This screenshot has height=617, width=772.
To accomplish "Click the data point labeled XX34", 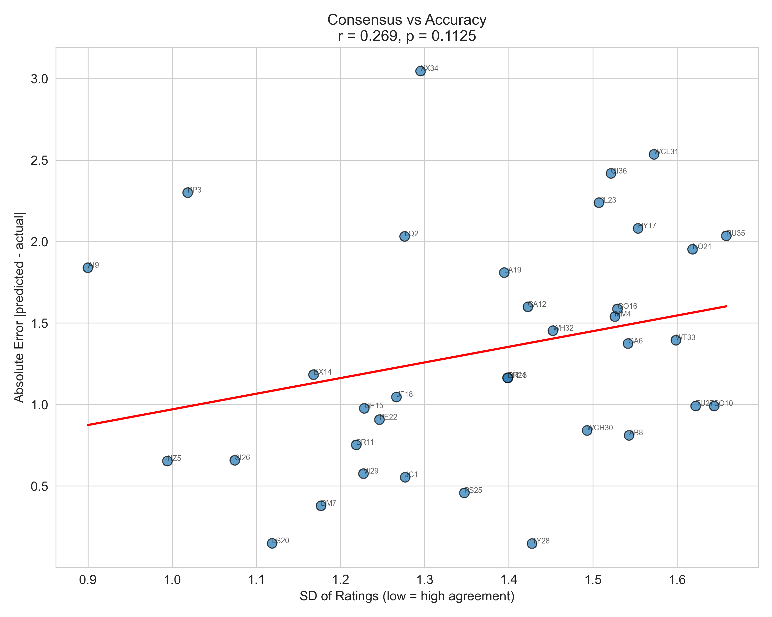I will (x=420, y=71).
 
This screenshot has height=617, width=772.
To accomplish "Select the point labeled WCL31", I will (x=654, y=154).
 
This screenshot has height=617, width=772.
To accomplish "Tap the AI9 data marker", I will (x=88, y=268).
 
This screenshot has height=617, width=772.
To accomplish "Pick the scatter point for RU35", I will (x=726, y=236).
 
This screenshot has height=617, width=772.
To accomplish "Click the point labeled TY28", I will (x=532, y=543).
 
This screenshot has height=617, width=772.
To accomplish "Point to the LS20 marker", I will (x=272, y=543).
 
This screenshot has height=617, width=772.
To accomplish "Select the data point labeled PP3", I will (x=188, y=193).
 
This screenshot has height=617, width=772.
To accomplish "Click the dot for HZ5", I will (x=167, y=461).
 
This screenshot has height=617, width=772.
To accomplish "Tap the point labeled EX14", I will (x=314, y=375).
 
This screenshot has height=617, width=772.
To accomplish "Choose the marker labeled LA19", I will (x=504, y=273).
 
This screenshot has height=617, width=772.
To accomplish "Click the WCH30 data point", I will (x=587, y=430).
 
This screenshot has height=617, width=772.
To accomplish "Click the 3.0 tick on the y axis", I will (x=39, y=79).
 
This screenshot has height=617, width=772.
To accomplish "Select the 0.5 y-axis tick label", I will (x=39, y=486).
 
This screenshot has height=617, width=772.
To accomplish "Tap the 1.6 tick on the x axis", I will (x=677, y=579).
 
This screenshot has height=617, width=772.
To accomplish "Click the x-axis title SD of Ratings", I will (x=407, y=596).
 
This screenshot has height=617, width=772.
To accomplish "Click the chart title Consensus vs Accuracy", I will (x=407, y=20).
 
